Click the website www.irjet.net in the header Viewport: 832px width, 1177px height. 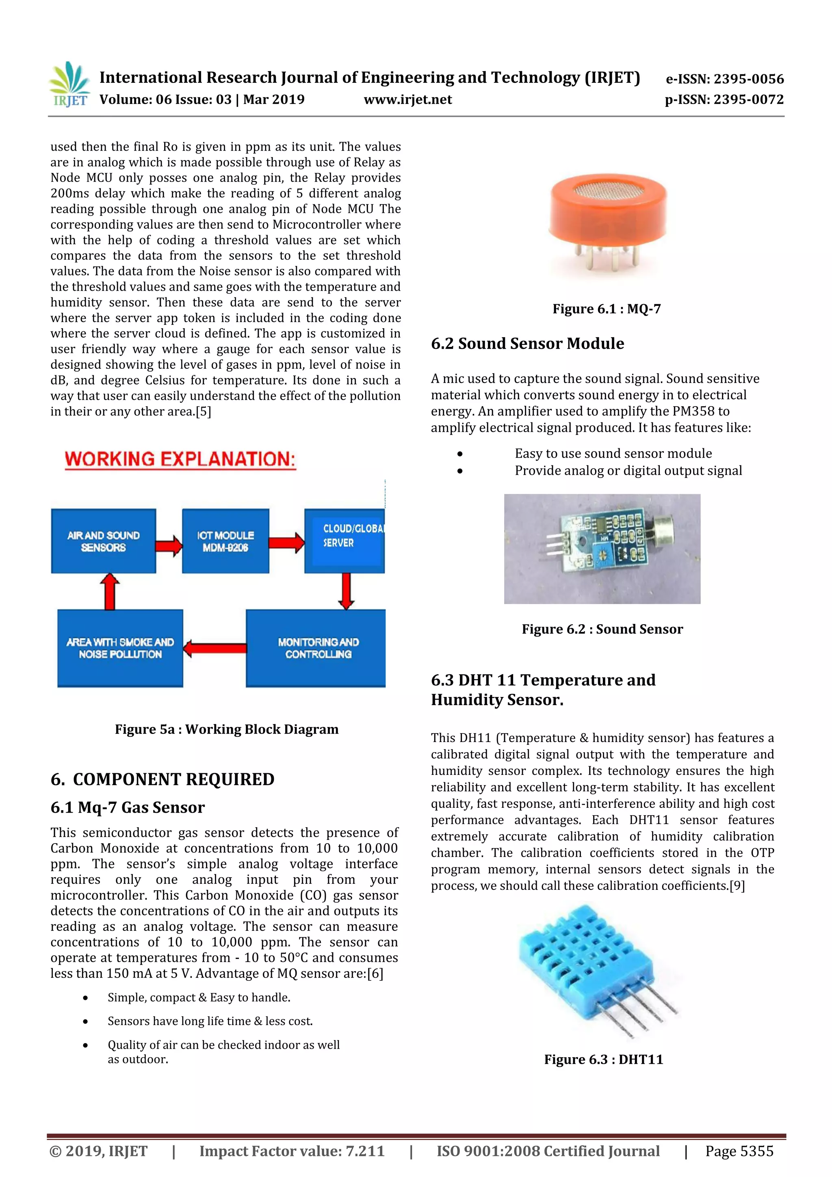pyautogui.click(x=407, y=100)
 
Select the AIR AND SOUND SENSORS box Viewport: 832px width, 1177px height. pyautogui.click(x=103, y=541)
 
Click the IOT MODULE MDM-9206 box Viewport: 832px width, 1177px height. pyautogui.click(x=225, y=541)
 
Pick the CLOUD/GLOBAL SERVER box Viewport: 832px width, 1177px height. pyautogui.click(x=344, y=541)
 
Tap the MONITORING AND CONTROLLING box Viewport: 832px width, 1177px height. pyautogui.click(x=316, y=648)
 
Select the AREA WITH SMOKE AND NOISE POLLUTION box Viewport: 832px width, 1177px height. pyautogui.click(x=120, y=648)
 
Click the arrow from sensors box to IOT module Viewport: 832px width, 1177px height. pyautogui.click(x=169, y=545)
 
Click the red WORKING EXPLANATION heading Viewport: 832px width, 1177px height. pyautogui.click(x=180, y=459)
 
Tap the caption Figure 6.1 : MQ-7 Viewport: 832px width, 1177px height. pyautogui.click(x=607, y=309)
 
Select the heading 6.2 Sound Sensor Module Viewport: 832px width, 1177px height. pyautogui.click(x=527, y=344)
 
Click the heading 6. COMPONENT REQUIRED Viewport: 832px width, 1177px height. pyautogui.click(x=162, y=779)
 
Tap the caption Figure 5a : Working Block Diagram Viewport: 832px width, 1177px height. pyautogui.click(x=227, y=729)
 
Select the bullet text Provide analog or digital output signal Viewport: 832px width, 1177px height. pyautogui.click(x=628, y=471)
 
